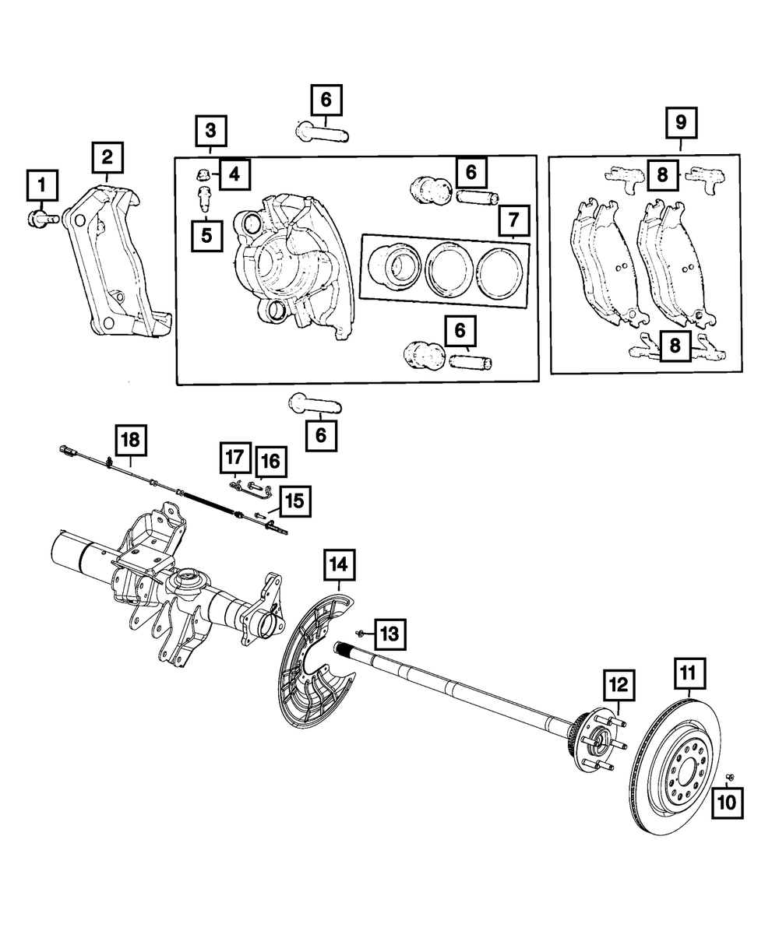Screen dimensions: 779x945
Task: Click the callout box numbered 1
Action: (42, 185)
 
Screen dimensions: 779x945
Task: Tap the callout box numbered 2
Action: (108, 157)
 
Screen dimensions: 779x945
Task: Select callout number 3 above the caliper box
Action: (211, 131)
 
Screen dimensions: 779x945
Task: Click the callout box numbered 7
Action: (513, 220)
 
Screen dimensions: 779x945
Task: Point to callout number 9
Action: (681, 122)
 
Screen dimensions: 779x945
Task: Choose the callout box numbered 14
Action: (339, 564)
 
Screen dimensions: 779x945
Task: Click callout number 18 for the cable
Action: (132, 440)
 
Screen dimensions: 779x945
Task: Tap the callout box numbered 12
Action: (619, 685)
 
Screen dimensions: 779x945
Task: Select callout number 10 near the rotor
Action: (727, 803)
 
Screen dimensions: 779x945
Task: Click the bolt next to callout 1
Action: (42, 220)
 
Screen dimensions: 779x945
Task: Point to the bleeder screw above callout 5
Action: (205, 199)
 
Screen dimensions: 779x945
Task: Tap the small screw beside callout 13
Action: (360, 634)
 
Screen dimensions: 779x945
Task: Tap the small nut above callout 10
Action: (729, 777)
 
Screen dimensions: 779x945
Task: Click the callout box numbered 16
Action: (271, 461)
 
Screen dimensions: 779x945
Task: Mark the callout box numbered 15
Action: (295, 501)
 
